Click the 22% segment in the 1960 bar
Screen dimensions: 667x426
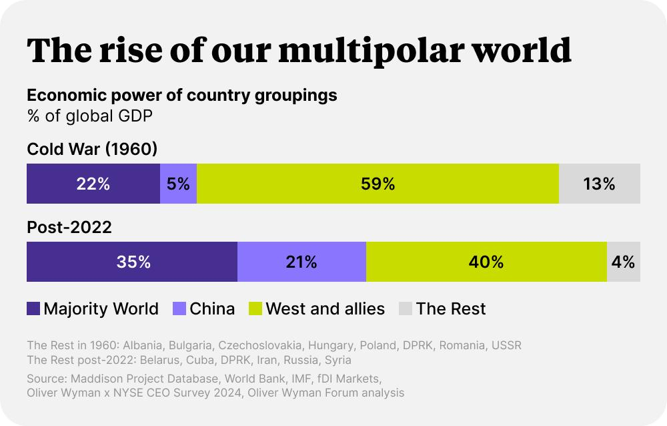93,184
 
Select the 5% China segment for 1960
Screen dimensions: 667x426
178,184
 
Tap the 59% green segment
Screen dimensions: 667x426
378,184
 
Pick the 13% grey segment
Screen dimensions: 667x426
600,184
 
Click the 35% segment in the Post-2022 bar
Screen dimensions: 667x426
132,262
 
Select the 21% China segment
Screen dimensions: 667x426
301,262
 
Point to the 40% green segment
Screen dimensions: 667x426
487,262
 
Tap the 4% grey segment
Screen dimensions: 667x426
624,262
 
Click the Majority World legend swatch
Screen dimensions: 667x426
33,308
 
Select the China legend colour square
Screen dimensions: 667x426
179,308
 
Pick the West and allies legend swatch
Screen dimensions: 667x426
255,308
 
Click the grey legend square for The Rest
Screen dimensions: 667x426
406,308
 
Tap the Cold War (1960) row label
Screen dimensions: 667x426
92,149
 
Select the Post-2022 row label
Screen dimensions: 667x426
69,227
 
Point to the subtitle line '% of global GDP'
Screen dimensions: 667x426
90,116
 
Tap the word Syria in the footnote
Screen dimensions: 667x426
338,361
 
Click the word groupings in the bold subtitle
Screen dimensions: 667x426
296,95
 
